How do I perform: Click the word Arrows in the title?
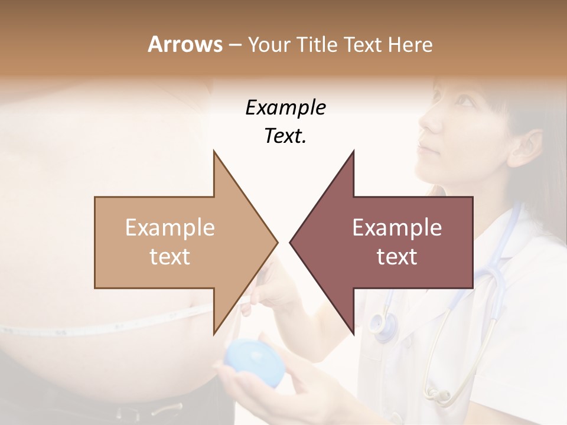(x=185, y=44)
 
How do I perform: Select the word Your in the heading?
(x=269, y=45)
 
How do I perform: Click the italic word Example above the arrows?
(x=285, y=108)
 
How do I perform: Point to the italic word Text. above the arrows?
(x=285, y=136)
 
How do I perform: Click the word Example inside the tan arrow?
(x=170, y=227)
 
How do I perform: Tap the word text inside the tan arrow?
(x=170, y=256)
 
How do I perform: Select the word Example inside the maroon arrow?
(x=397, y=227)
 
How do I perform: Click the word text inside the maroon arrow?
(x=397, y=256)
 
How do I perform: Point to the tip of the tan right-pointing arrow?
(x=276, y=242)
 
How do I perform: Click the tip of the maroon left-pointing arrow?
(x=291, y=242)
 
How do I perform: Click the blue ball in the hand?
(x=255, y=361)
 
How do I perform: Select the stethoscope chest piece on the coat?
(x=383, y=324)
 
